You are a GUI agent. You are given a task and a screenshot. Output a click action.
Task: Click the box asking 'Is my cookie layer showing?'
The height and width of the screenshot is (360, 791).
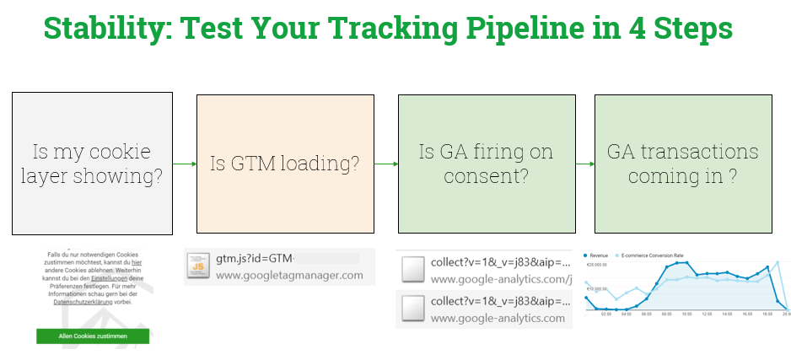pos(92,164)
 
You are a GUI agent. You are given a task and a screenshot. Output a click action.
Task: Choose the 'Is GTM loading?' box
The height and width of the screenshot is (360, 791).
pos(284,164)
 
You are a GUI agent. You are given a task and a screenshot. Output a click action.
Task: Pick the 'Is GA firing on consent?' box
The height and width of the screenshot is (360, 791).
pos(486,164)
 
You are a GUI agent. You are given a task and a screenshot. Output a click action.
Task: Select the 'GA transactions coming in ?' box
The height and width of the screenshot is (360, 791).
pos(683,164)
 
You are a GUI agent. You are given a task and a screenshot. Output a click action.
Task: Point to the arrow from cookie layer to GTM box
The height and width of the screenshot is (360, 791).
pos(184,164)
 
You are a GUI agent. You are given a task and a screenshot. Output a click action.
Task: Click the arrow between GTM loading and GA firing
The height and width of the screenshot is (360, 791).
pos(385,164)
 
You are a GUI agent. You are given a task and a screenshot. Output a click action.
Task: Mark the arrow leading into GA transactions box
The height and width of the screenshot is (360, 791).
pos(585,164)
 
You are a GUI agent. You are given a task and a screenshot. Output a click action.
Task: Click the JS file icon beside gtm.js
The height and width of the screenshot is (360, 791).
pos(197,266)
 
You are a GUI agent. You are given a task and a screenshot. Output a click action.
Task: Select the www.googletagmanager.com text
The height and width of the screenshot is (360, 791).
pos(290,275)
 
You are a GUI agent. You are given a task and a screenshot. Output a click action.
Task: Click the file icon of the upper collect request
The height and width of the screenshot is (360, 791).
pos(412,269)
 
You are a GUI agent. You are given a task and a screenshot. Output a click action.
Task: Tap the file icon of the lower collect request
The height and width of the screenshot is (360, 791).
pos(412,309)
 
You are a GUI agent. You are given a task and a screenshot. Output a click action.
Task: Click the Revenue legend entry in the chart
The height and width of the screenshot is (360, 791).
pos(598,254)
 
